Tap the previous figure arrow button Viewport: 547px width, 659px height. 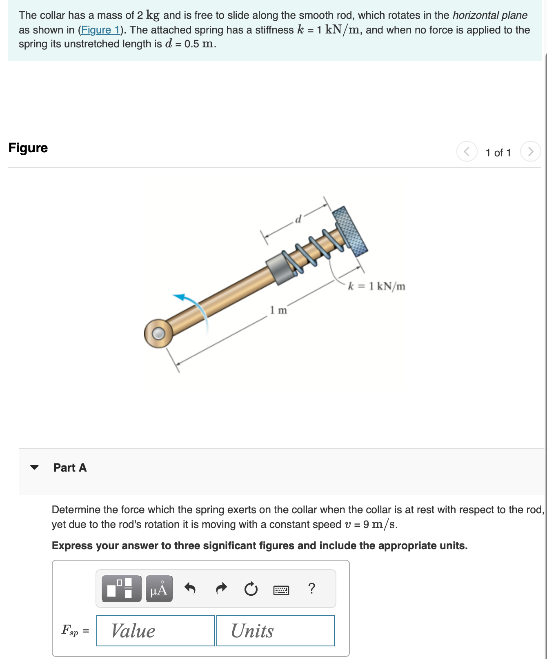[x=467, y=151]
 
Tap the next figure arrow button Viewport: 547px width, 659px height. [x=530, y=151]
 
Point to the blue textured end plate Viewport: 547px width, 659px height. [x=350, y=231]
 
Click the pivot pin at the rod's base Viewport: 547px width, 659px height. [x=158, y=334]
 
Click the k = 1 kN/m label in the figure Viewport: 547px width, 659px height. [x=376, y=286]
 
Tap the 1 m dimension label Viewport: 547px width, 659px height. [x=278, y=310]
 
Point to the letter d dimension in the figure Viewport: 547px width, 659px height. [x=298, y=220]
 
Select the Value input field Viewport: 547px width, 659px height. [x=155, y=631]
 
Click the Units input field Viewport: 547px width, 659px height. [x=275, y=631]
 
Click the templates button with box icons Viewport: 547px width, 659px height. [x=121, y=588]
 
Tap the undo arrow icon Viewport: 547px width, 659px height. [x=190, y=588]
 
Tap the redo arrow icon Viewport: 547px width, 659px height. [x=221, y=588]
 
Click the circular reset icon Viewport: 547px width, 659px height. [x=251, y=589]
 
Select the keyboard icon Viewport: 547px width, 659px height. [x=281, y=590]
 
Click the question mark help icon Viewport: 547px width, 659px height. [x=311, y=588]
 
